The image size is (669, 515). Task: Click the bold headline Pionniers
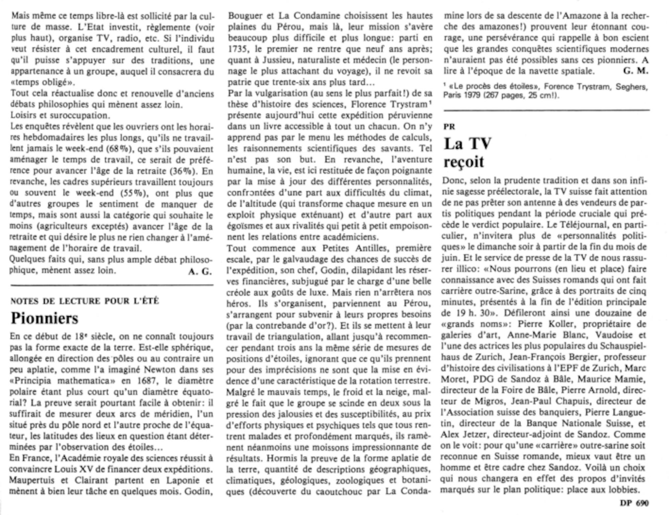[x=44, y=318]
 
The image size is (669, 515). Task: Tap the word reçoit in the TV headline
[x=464, y=162]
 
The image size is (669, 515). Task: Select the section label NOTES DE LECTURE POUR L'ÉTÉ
[x=85, y=301]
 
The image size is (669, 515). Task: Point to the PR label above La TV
[x=449, y=127]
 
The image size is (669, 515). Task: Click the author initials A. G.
[x=200, y=272]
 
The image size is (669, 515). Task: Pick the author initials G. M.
[x=636, y=71]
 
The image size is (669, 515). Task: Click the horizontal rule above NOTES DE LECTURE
[x=112, y=285]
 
